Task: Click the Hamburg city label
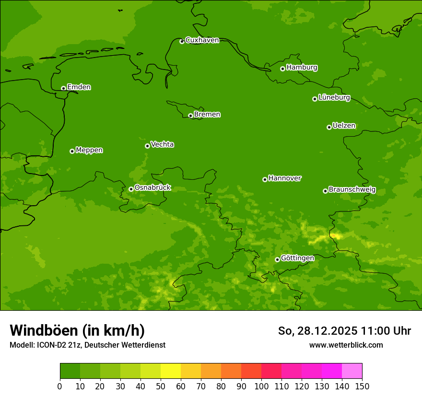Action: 302,68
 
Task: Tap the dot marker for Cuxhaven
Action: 182,41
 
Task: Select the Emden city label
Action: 79,87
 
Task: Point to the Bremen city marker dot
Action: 190,116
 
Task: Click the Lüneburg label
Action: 334,98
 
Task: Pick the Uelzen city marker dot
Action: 329,127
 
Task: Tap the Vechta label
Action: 162,144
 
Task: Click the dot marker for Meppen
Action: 72,151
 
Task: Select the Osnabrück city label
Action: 152,188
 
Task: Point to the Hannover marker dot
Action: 265,179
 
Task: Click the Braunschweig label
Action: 352,190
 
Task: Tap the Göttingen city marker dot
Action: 277,259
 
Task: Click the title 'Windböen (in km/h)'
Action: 77,330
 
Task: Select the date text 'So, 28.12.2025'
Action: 317,331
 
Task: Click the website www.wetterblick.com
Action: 346,345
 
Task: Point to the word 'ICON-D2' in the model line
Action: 50,345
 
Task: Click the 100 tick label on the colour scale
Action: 261,386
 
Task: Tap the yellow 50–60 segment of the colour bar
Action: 171,371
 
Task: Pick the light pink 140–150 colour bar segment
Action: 352,371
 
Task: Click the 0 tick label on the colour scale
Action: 60,386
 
